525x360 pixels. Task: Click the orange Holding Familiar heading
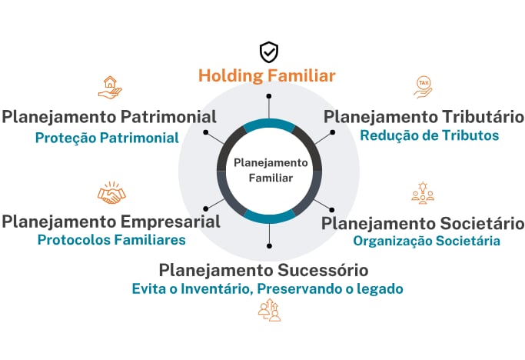pyautogui.click(x=267, y=76)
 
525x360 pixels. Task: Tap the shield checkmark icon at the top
pyautogui.click(x=268, y=52)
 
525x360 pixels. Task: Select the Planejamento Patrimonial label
pyautogui.click(x=108, y=117)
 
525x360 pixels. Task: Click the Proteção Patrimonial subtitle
pyautogui.click(x=107, y=138)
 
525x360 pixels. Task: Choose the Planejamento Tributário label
pyautogui.click(x=424, y=117)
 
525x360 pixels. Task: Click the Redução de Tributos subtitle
pyautogui.click(x=429, y=136)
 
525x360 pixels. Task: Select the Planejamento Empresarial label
pyautogui.click(x=111, y=222)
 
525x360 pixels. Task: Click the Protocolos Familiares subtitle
pyautogui.click(x=111, y=240)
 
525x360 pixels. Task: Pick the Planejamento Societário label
pyautogui.click(x=422, y=223)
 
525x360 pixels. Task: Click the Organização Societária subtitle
pyautogui.click(x=427, y=241)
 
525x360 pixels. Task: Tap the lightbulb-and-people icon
pyautogui.click(x=422, y=192)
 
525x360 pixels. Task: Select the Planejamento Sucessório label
pyautogui.click(x=264, y=270)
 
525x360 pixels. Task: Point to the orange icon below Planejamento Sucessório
pyautogui.click(x=268, y=310)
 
